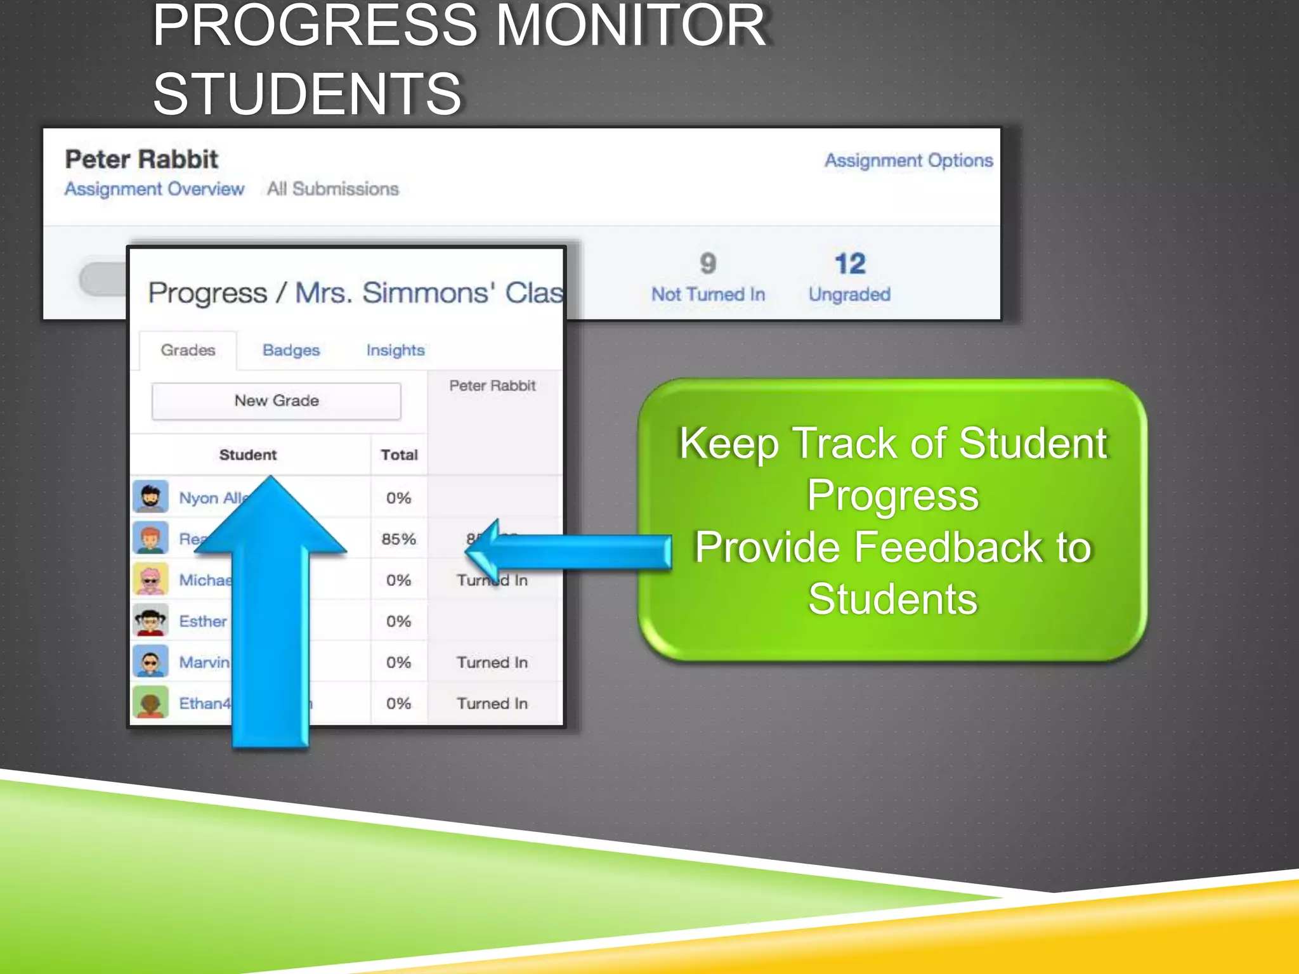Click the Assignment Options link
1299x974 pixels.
tap(908, 160)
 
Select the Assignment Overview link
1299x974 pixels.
tap(154, 189)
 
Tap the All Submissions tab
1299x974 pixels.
tap(332, 189)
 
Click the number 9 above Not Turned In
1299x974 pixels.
tap(708, 264)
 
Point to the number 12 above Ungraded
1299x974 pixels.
tap(849, 264)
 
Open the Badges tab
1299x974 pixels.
tap(291, 350)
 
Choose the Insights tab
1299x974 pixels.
tap(395, 350)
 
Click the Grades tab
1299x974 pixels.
tap(188, 350)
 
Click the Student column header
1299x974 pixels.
tap(247, 455)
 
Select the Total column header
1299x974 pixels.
tap(399, 455)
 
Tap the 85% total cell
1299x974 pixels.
tap(398, 539)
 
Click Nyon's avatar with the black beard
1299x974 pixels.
tap(150, 497)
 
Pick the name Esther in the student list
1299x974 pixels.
tap(202, 621)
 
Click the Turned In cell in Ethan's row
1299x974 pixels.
tap(492, 703)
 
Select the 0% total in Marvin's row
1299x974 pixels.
tap(398, 663)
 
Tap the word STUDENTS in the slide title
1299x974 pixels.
tap(308, 94)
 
